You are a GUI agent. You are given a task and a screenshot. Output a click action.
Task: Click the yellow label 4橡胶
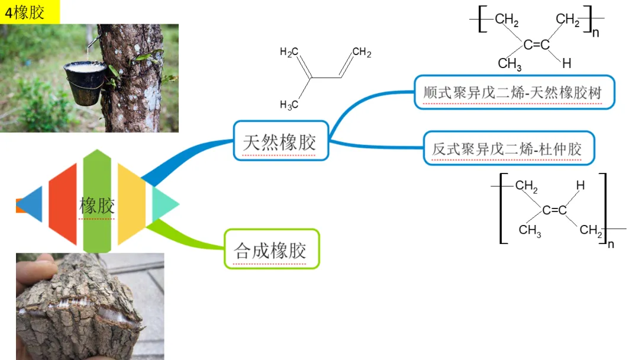tap(30, 12)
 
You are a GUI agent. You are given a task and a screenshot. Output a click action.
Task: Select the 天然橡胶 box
tap(280, 141)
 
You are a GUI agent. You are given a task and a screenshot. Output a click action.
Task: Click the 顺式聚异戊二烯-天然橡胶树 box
tap(514, 92)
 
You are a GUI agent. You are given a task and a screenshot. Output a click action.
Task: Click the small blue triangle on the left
tap(33, 204)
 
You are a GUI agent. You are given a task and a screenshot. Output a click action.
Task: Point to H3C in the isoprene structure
tap(289, 105)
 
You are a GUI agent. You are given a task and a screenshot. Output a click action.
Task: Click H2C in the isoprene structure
tap(289, 52)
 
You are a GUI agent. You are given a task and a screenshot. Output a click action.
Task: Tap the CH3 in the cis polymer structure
tap(509, 63)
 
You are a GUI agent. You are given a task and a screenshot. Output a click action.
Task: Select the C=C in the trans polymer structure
tap(554, 210)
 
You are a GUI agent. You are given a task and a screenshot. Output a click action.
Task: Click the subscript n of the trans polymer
tap(611, 244)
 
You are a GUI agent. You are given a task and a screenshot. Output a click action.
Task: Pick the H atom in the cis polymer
tap(566, 63)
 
